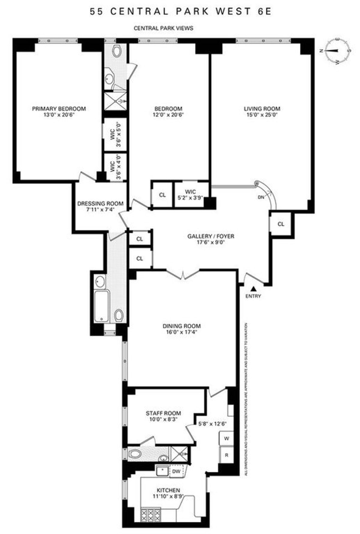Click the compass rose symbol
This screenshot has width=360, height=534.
(x=335, y=51)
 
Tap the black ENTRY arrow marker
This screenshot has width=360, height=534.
(x=253, y=289)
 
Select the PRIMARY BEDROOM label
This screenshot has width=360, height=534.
(x=59, y=109)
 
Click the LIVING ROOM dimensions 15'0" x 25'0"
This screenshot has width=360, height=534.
(x=262, y=115)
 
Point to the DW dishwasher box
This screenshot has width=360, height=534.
(x=176, y=471)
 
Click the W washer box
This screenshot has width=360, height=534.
(x=226, y=439)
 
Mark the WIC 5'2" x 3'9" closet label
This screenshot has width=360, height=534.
(x=190, y=195)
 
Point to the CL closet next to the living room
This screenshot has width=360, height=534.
(x=280, y=224)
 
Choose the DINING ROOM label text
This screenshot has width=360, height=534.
(x=182, y=326)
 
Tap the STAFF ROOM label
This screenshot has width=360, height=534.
(x=163, y=413)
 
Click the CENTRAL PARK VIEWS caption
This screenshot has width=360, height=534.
(x=163, y=28)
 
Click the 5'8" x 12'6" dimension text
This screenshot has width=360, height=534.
(x=212, y=424)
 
